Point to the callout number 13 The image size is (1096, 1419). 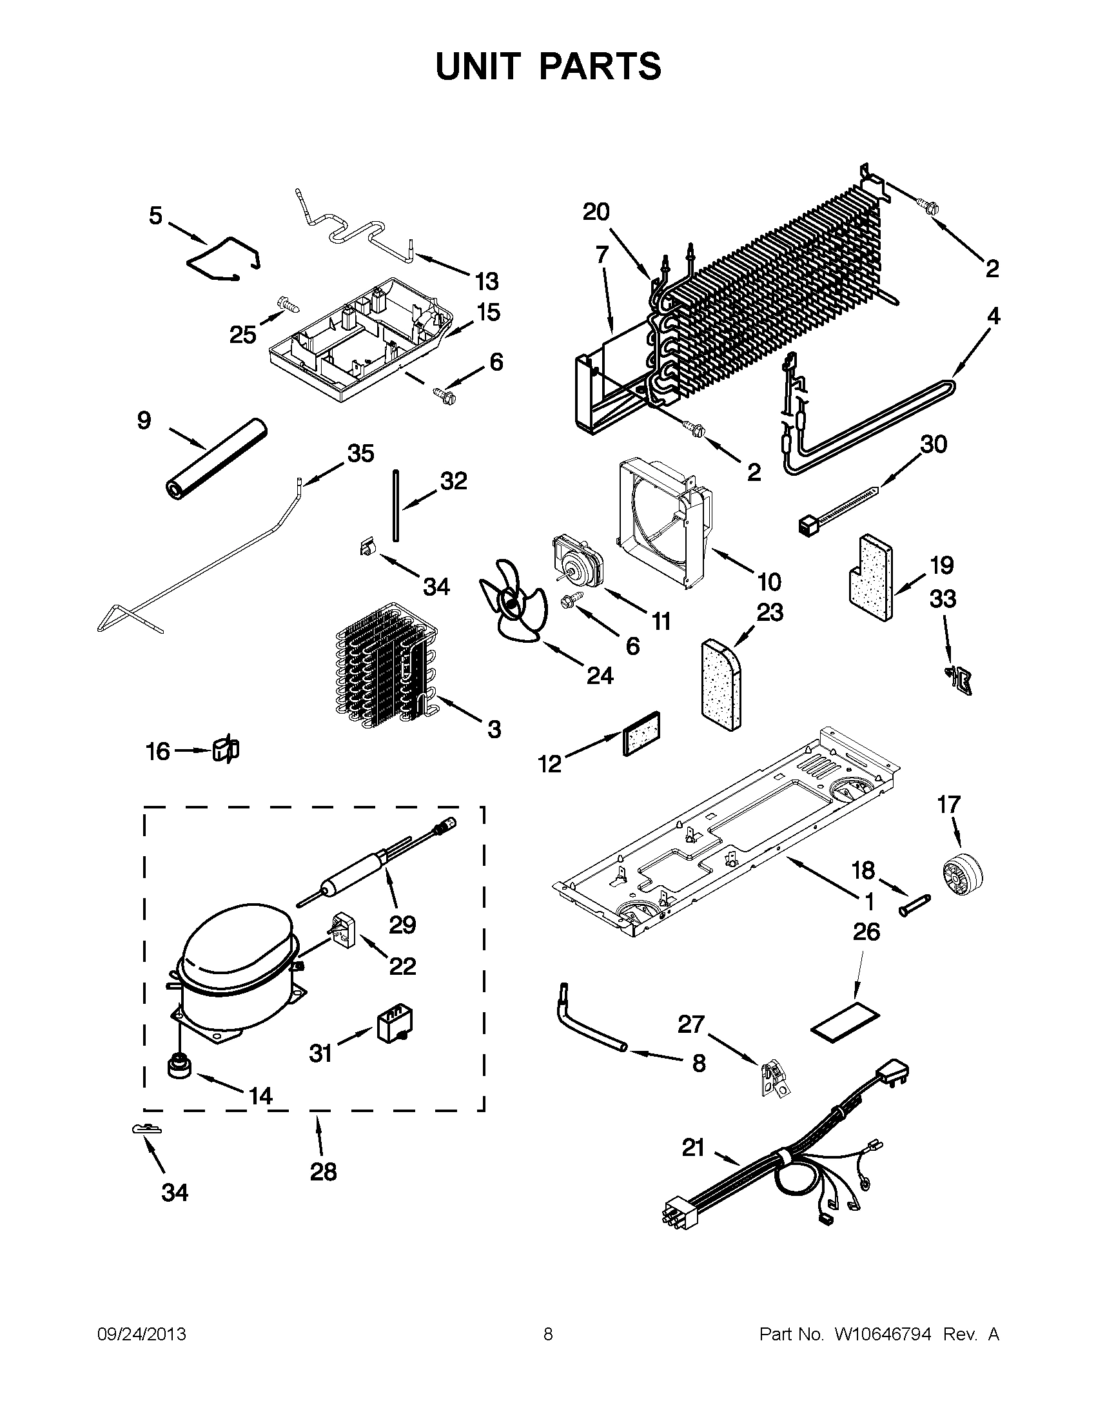click(x=485, y=282)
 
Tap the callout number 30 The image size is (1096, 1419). click(x=934, y=444)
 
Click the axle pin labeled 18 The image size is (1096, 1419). click(x=915, y=905)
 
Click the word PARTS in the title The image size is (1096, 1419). click(x=600, y=66)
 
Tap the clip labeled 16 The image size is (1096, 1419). click(x=225, y=750)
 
